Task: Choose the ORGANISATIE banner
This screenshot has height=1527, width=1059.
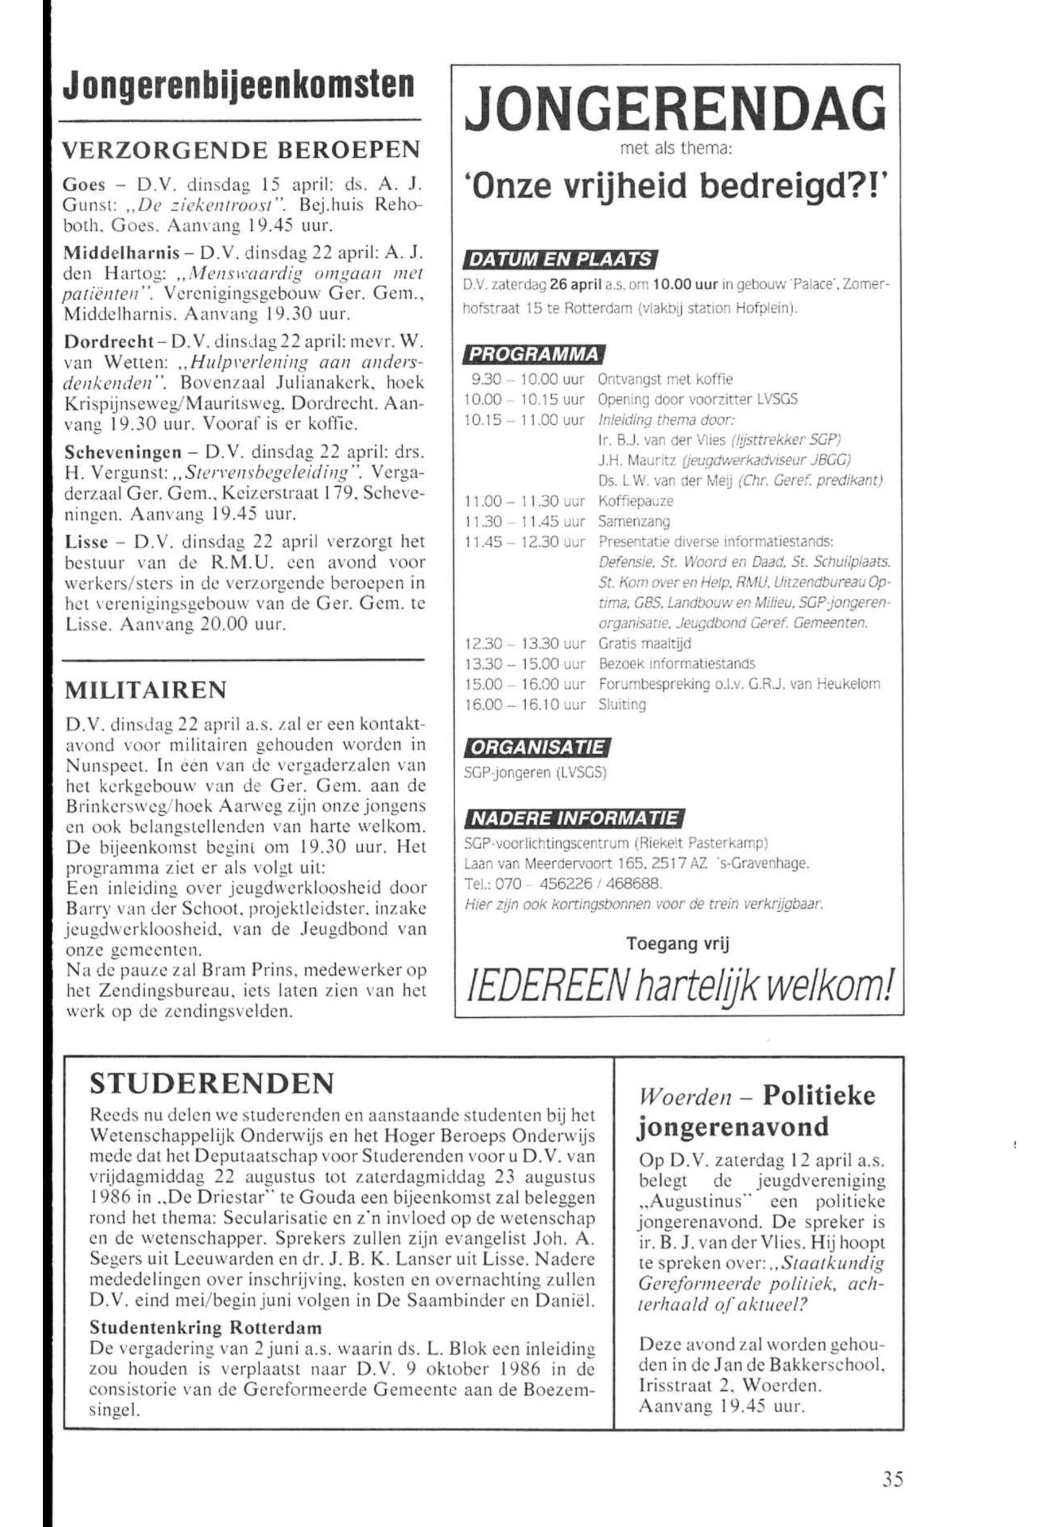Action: [x=537, y=747]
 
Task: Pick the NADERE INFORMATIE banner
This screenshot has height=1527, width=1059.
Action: [x=573, y=820]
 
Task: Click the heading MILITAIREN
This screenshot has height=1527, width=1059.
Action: [x=145, y=691]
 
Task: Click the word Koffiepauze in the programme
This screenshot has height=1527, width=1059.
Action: [x=635, y=501]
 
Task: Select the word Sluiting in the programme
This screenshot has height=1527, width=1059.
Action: [x=622, y=705]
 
